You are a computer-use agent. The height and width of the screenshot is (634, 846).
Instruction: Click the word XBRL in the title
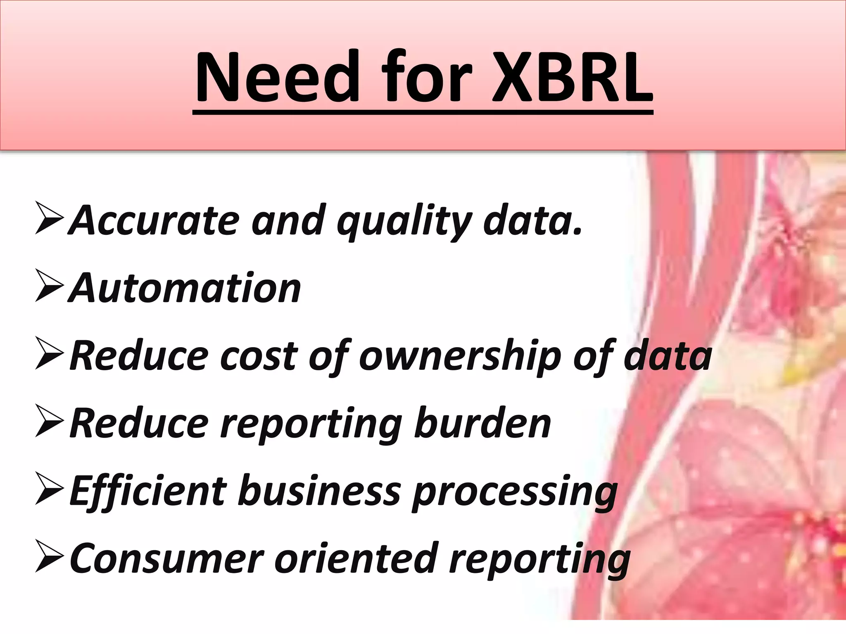tap(572, 77)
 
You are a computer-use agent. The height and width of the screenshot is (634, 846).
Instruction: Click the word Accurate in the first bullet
tap(155, 221)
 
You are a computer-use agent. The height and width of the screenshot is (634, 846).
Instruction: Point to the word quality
tap(405, 223)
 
